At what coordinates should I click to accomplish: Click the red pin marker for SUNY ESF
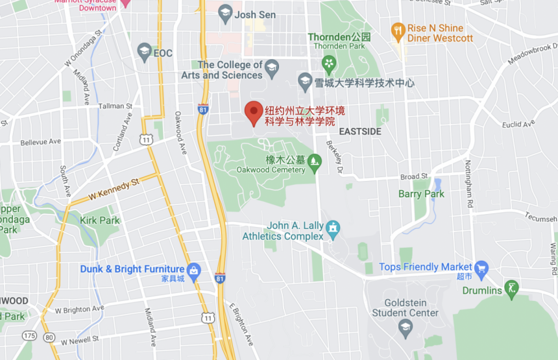tap(253, 112)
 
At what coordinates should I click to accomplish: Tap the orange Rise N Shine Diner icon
tap(398, 29)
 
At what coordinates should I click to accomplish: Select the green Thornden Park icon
tap(329, 63)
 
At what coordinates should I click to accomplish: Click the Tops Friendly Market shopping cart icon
tap(481, 267)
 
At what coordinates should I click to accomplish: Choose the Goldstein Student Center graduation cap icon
tap(405, 326)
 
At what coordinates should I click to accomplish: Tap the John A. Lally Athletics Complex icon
tap(333, 227)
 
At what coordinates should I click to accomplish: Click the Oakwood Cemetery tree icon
tap(315, 160)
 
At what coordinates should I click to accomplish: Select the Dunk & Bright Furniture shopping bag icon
tap(193, 269)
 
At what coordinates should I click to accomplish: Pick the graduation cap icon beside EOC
tap(144, 51)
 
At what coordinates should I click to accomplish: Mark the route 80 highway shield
tap(49, 336)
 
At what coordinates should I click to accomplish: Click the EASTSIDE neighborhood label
tap(360, 131)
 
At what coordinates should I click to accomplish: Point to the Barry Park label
tap(421, 194)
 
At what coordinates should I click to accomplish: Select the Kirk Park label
tap(100, 221)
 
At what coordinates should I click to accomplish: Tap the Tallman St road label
tap(115, 106)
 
